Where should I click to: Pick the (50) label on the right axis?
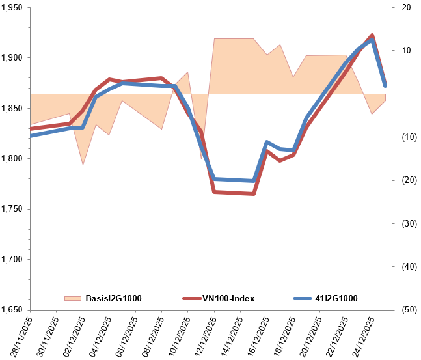click(407, 310)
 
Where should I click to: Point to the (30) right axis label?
click(407, 223)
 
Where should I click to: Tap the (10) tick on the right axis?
click(407, 137)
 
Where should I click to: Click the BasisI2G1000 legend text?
click(113, 298)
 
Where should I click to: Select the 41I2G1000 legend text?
click(336, 298)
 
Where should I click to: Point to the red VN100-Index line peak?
click(372, 35)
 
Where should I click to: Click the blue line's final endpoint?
click(385, 85)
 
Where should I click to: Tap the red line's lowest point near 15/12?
click(254, 194)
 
